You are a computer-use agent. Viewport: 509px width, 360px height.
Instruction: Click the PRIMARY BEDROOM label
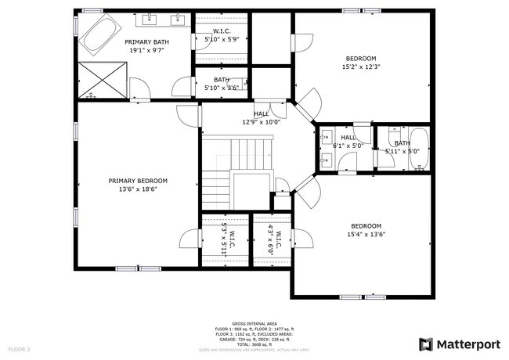pyautogui.click(x=138, y=181)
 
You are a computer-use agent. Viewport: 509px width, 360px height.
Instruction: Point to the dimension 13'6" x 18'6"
pyautogui.click(x=138, y=189)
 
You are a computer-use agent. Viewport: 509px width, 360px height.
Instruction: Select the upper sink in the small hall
pyautogui.click(x=326, y=139)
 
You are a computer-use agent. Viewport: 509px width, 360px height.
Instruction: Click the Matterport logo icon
pyautogui.click(x=426, y=344)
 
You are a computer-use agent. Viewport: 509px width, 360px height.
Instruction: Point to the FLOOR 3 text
pyautogui.click(x=19, y=348)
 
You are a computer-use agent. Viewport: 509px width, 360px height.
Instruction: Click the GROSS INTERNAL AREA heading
pyautogui.click(x=255, y=322)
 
